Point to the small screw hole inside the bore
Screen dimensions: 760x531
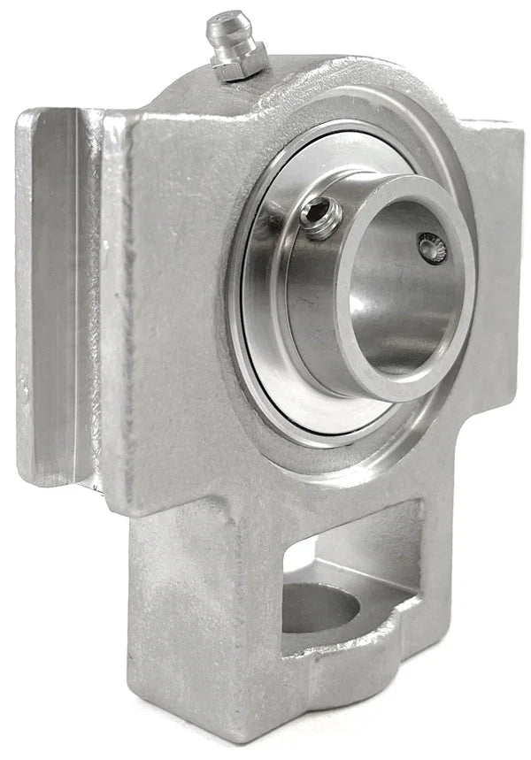point(433,248)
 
